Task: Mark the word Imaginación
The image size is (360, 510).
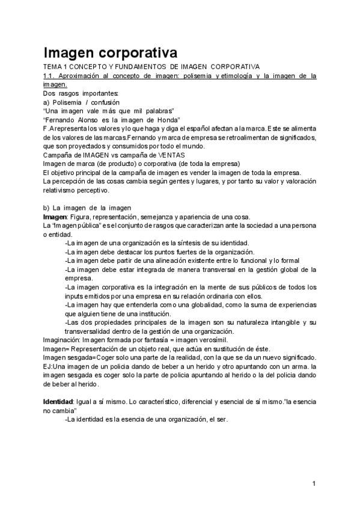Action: click(64, 340)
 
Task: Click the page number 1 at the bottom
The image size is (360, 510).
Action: click(314, 483)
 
